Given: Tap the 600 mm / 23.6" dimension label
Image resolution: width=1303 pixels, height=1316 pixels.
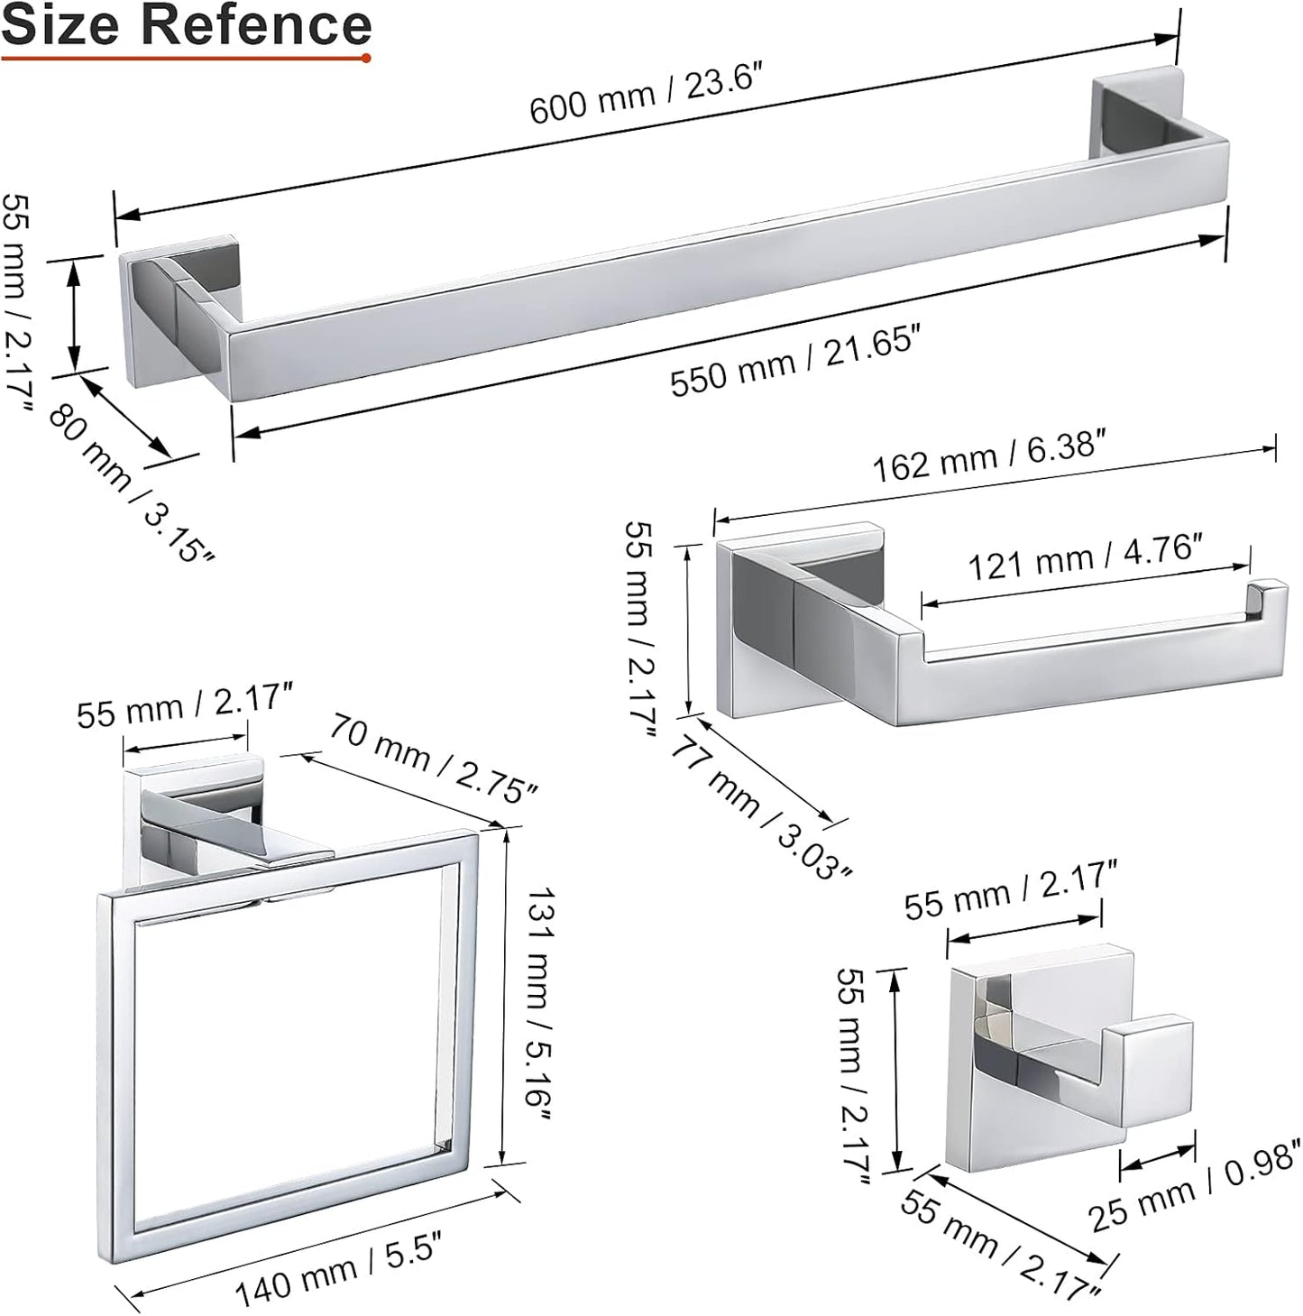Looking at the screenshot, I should [x=647, y=95].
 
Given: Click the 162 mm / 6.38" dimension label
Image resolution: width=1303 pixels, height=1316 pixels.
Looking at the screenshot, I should [x=988, y=456].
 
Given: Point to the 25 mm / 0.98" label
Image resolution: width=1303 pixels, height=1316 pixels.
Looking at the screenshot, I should [x=1194, y=1182].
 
